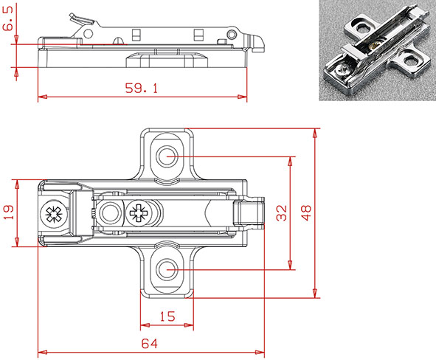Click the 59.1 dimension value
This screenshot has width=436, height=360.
coord(140,89)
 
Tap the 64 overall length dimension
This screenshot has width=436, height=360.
coord(150,343)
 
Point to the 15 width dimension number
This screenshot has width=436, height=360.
coord(167,316)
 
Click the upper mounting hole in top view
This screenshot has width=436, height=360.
coord(168,156)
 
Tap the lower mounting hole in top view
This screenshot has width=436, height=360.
coord(168,270)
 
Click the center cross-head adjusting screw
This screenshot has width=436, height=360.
coord(138,214)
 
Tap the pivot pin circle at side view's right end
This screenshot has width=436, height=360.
coord(232,35)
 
